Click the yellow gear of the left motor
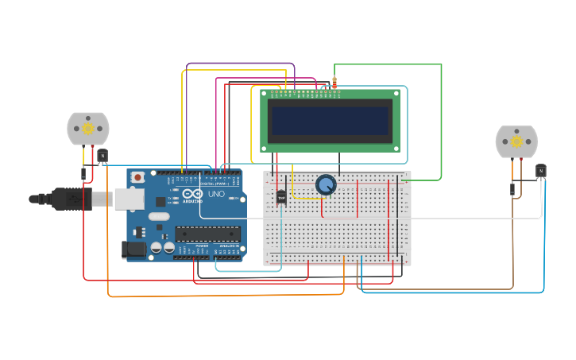point(88,129)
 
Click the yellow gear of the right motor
point(516,142)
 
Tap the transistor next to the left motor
point(102,155)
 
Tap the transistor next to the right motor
point(541,170)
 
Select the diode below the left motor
point(83,173)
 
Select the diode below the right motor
point(512,188)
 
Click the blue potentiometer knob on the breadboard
point(326,184)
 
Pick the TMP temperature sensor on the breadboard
point(281,196)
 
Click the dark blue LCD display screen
point(330,121)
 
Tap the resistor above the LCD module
point(334,82)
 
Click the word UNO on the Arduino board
point(216,194)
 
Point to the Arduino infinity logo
point(192,193)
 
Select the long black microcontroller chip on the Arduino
point(207,234)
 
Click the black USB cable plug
point(72,199)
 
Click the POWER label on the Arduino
point(203,246)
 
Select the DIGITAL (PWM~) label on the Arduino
point(213,183)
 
